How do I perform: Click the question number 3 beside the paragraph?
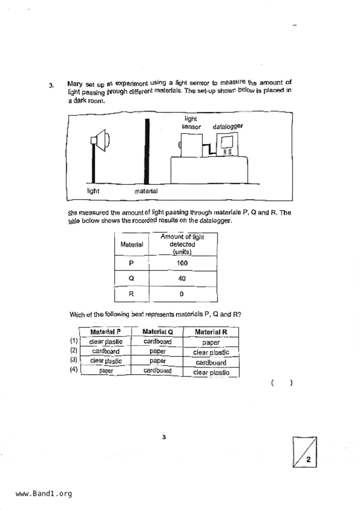51,85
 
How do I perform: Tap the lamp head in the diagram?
102,140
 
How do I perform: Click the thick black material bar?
147,151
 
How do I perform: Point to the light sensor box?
191,145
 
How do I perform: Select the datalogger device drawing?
227,145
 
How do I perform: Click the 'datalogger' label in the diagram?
228,126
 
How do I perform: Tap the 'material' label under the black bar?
146,191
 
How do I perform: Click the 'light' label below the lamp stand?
93,191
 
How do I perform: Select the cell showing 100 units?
182,263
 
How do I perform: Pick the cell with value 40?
182,279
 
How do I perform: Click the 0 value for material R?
182,294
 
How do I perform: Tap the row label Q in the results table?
131,279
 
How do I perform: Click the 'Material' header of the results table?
132,245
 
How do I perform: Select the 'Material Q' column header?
157,332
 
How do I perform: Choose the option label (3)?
74,360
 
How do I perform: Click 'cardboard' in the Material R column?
211,363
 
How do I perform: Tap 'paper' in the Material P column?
106,371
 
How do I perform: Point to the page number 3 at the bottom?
164,437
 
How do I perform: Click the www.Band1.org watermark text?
44,493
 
